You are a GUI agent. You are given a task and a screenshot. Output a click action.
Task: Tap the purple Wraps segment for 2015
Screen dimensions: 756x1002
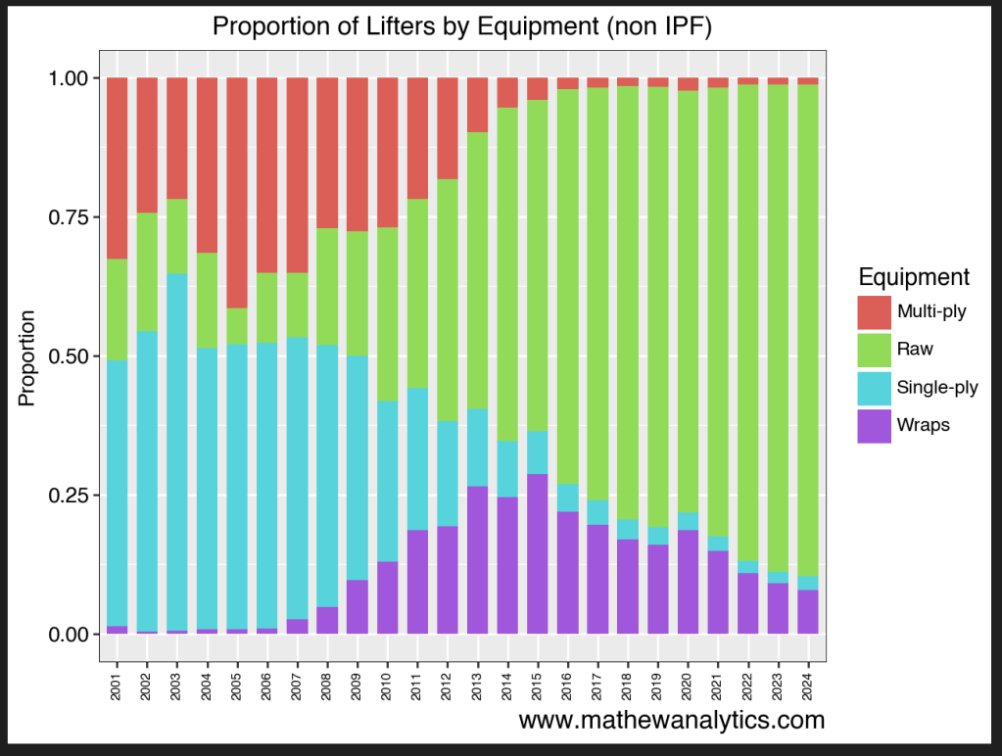pos(538,554)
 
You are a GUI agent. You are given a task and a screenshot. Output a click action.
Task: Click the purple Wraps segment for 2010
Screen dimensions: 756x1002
pos(388,597)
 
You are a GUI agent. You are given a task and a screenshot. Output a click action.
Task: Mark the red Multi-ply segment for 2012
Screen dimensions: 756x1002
pos(448,128)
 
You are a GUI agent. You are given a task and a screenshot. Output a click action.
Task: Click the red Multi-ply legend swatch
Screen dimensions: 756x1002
pos(874,313)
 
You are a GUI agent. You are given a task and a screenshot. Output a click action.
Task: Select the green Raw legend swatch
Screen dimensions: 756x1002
pos(874,349)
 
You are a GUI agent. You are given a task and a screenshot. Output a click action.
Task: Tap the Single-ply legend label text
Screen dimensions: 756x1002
pos(937,387)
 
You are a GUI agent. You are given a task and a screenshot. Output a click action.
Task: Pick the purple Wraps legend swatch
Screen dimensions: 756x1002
pos(874,425)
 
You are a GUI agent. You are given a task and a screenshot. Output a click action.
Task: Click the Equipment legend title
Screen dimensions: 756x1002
pos(913,276)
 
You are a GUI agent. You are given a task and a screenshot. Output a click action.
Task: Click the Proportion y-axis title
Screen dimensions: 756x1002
pos(28,357)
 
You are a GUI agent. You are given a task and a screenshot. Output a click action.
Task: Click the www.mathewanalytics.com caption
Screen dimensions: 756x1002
pos(671,721)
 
